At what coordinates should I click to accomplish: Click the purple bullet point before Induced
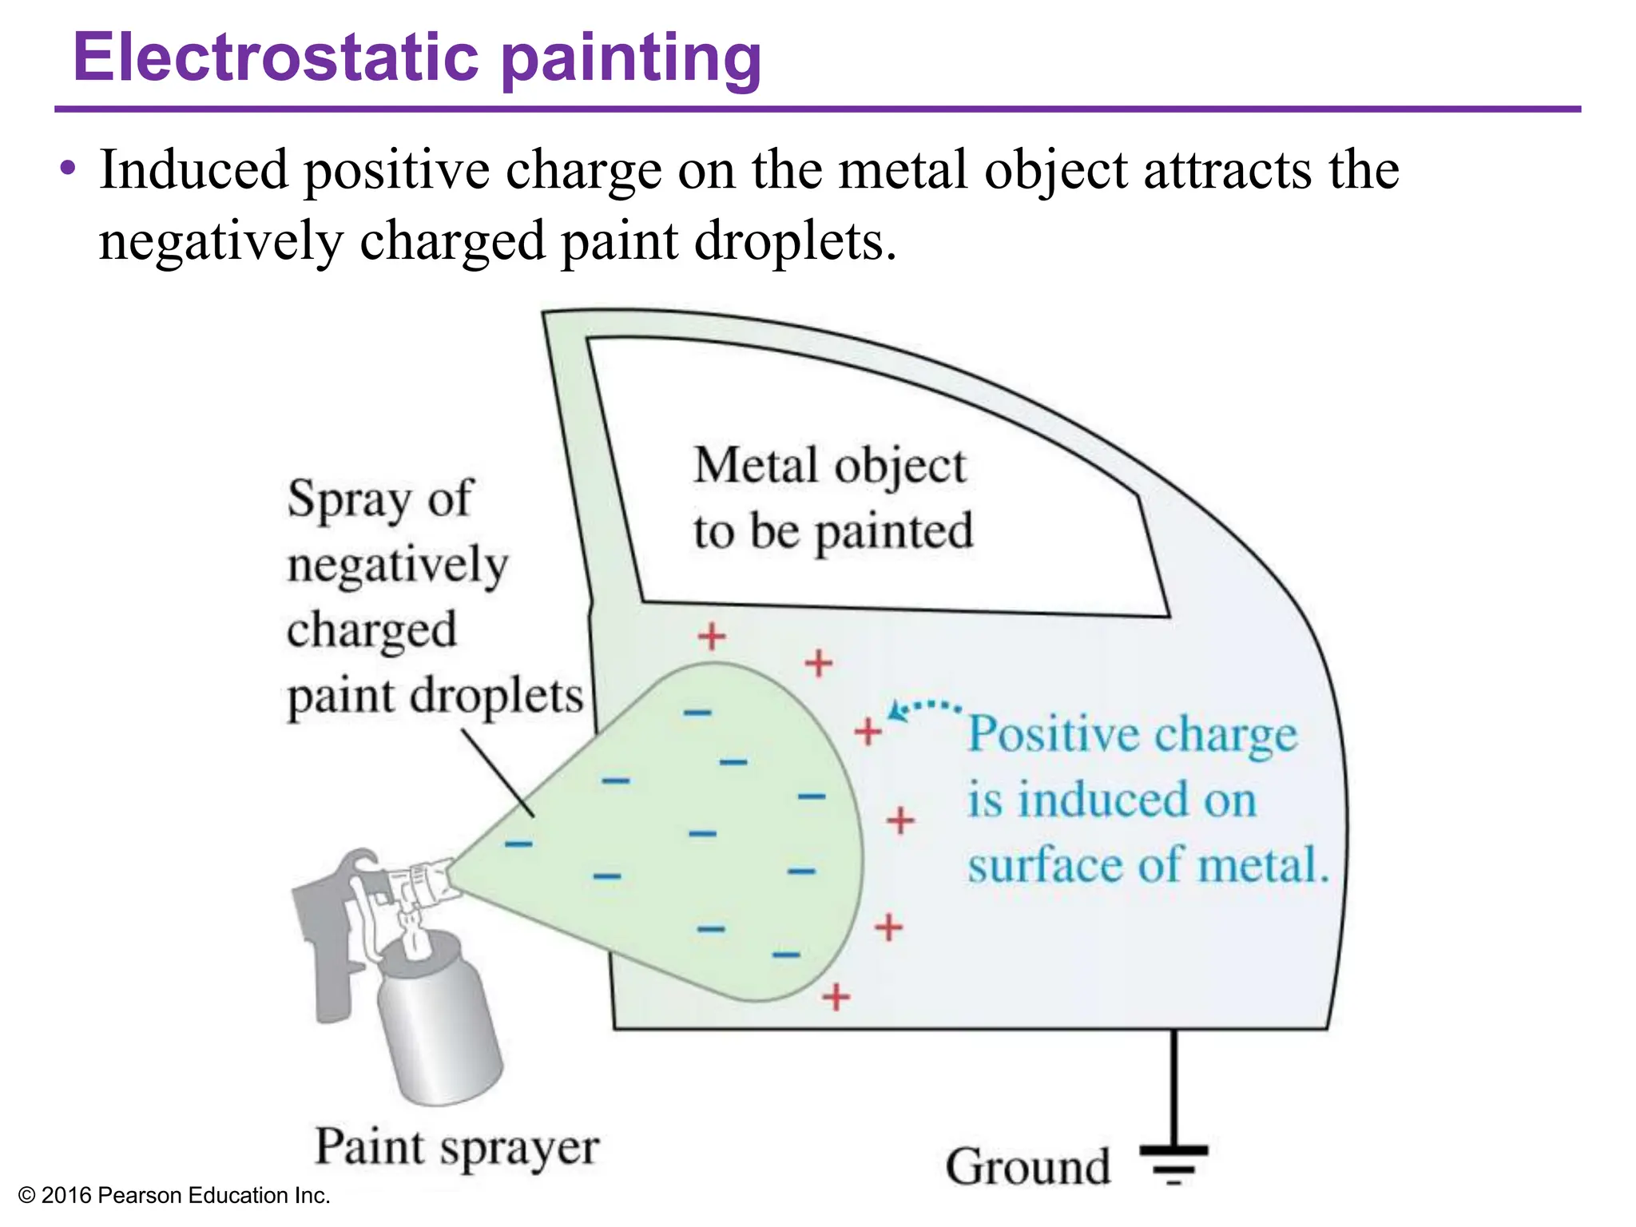coord(69,169)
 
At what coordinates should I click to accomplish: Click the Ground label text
coord(1028,1166)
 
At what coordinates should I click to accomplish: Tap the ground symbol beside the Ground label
coord(1173,1163)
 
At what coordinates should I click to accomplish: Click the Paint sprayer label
coord(456,1148)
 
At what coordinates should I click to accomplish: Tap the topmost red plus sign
coord(711,637)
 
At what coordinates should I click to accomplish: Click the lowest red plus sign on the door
coord(836,997)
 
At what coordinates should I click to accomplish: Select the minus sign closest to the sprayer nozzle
coord(518,843)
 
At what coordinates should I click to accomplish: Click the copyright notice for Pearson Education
coord(173,1195)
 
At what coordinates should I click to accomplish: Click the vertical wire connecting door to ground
coord(1173,1086)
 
